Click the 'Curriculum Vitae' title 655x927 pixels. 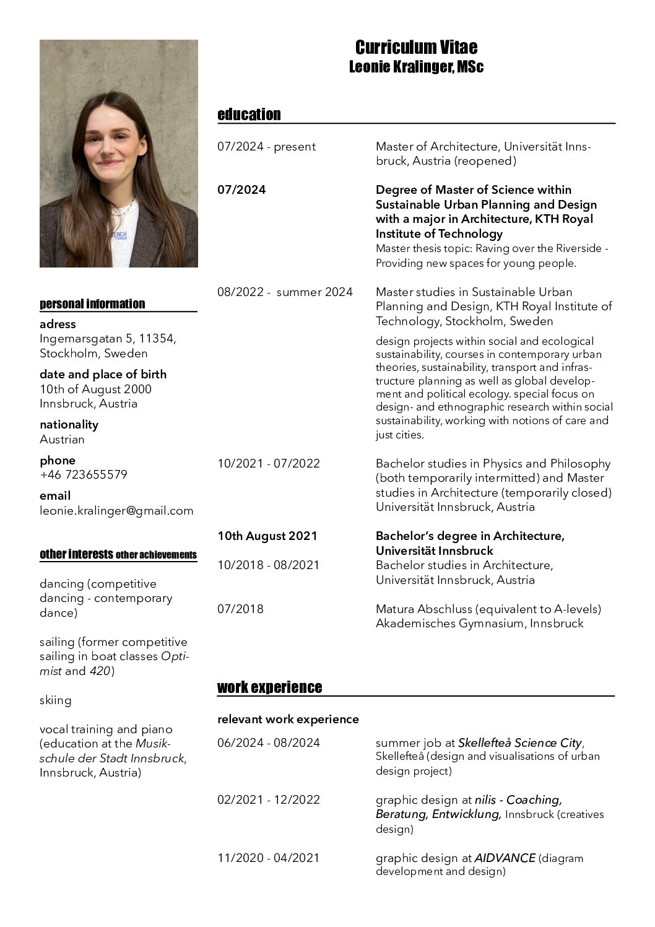[x=416, y=48]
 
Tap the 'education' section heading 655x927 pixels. [x=249, y=115]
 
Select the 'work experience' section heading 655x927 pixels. [x=269, y=687]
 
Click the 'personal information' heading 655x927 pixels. [x=92, y=304]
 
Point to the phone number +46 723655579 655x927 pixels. [x=84, y=475]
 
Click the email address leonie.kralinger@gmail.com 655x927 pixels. [x=116, y=511]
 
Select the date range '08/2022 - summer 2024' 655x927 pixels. [x=285, y=292]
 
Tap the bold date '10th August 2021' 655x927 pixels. [x=267, y=536]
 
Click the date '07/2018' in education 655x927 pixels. [x=240, y=609]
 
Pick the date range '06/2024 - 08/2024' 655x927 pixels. [x=269, y=743]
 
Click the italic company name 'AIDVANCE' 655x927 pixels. [x=505, y=858]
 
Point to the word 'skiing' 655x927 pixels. [x=56, y=700]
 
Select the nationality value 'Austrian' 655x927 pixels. [x=62, y=440]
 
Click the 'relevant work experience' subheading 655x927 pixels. [x=288, y=720]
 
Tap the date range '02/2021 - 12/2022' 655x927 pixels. [x=269, y=800]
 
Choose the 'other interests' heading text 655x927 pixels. [x=76, y=554]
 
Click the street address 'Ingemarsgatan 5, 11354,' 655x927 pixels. [x=108, y=339]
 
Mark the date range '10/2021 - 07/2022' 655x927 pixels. [x=269, y=464]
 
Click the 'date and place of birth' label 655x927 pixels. [x=103, y=375]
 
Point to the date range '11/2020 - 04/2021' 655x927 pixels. [x=269, y=858]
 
